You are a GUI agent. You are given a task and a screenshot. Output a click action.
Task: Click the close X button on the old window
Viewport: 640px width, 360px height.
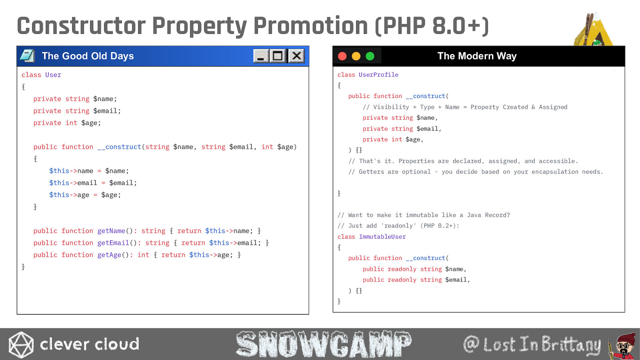pyautogui.click(x=296, y=56)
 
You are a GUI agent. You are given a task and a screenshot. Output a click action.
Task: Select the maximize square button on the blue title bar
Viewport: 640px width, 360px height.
pyautogui.click(x=278, y=56)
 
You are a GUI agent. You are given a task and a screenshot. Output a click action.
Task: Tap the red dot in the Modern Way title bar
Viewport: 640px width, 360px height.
pyautogui.click(x=342, y=56)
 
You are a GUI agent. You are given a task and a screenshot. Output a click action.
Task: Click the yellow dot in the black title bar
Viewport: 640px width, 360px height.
pyautogui.click(x=356, y=56)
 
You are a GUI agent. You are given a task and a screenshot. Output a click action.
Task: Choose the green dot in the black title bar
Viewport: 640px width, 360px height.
pyautogui.click(x=370, y=56)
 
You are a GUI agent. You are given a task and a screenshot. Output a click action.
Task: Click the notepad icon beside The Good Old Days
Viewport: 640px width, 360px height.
pyautogui.click(x=28, y=56)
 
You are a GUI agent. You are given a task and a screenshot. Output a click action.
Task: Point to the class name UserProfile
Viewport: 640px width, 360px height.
pyautogui.click(x=378, y=74)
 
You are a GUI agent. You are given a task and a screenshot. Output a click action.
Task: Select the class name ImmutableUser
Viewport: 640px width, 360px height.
pyautogui.click(x=382, y=236)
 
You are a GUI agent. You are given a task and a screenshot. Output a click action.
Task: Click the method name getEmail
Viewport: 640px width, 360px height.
pyautogui.click(x=113, y=243)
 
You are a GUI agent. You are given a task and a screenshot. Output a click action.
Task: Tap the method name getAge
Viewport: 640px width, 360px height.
pyautogui.click(x=110, y=255)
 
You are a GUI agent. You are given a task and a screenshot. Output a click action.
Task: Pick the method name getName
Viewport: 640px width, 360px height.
pyautogui.click(x=111, y=231)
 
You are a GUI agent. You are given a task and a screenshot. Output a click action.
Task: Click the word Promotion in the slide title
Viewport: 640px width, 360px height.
pyautogui.click(x=310, y=26)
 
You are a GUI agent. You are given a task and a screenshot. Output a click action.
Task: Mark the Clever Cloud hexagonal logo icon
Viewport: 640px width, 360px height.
pyautogui.click(x=21, y=344)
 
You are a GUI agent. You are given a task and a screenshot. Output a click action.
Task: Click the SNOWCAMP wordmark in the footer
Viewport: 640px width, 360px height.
pyautogui.click(x=324, y=344)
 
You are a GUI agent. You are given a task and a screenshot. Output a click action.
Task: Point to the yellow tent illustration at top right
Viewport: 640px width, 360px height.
pyautogui.click(x=594, y=29)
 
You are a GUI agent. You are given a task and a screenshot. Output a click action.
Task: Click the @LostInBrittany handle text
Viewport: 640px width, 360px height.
pyautogui.click(x=532, y=344)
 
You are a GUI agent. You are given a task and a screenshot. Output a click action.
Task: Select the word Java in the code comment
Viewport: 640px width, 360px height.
pyautogui.click(x=474, y=215)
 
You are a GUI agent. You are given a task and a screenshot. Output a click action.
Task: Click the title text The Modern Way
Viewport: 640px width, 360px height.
pyautogui.click(x=477, y=56)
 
